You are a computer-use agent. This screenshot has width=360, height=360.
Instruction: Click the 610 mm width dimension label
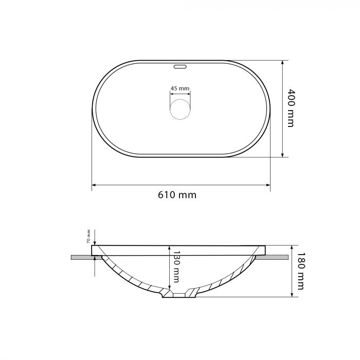pyautogui.click(x=177, y=195)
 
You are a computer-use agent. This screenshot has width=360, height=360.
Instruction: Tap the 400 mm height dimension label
pyautogui.click(x=291, y=108)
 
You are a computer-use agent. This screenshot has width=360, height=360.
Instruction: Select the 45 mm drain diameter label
pyautogui.click(x=180, y=88)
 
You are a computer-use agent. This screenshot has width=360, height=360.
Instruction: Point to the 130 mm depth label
pyautogui.click(x=176, y=266)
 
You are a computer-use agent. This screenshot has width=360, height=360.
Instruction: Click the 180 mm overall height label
pyautogui.click(x=301, y=271)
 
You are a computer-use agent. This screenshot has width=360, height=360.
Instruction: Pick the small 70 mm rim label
pyautogui.click(x=88, y=237)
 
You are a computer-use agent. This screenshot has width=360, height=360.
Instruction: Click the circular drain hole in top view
pyautogui.click(x=180, y=109)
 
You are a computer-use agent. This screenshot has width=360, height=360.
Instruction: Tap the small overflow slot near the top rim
pyautogui.click(x=180, y=67)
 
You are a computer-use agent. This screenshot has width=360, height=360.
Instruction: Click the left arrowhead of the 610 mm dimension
pyautogui.click(x=94, y=185)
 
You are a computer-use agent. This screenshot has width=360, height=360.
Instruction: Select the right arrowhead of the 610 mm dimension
pyautogui.click(x=268, y=185)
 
